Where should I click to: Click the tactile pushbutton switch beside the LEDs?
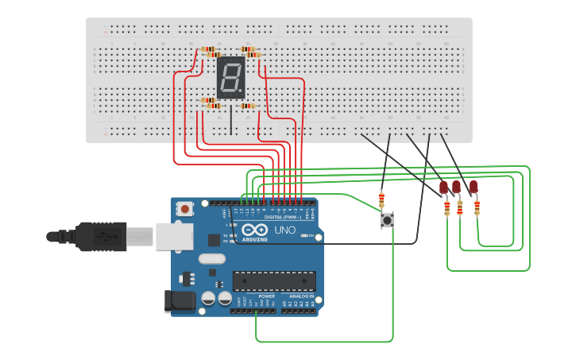(x=387, y=220)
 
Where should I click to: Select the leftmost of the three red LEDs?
(x=443, y=188)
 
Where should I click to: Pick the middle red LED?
(x=456, y=188)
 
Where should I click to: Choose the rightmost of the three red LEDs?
(x=474, y=188)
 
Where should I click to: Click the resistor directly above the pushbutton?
(x=381, y=199)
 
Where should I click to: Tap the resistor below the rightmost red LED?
(x=477, y=207)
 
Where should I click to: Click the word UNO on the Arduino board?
(x=284, y=230)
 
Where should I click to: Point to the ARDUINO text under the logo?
(x=255, y=238)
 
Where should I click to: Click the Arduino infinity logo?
(x=255, y=230)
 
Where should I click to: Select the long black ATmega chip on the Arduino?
(x=273, y=281)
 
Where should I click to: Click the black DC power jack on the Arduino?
(x=180, y=300)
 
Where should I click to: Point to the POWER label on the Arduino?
(x=266, y=296)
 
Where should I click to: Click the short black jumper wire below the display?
(x=231, y=120)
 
